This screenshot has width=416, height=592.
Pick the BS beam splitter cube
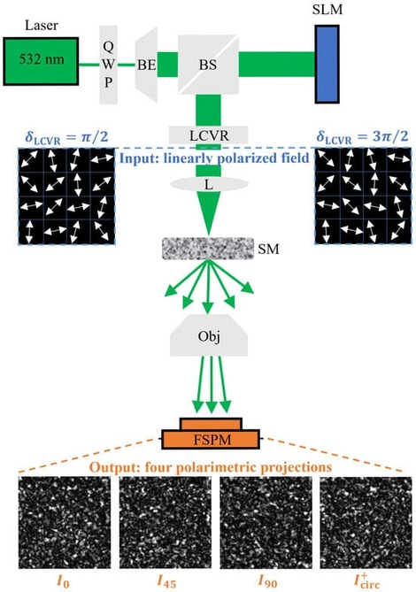coord(205,65)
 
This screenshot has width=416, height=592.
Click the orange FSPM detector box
coord(210,437)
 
